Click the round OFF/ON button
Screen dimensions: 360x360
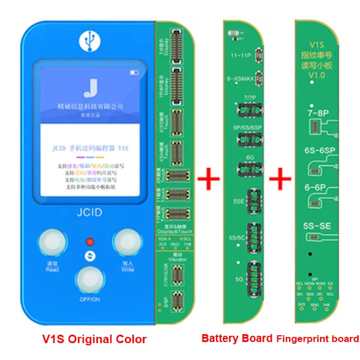click(x=90, y=280)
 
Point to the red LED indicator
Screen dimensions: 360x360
click(x=89, y=242)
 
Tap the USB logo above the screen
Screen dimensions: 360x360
click(x=89, y=39)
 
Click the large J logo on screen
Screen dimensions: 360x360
click(x=89, y=89)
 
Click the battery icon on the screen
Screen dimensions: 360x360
click(x=134, y=73)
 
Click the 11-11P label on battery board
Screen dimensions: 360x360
click(x=240, y=57)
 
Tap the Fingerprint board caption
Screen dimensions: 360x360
click(x=317, y=339)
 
